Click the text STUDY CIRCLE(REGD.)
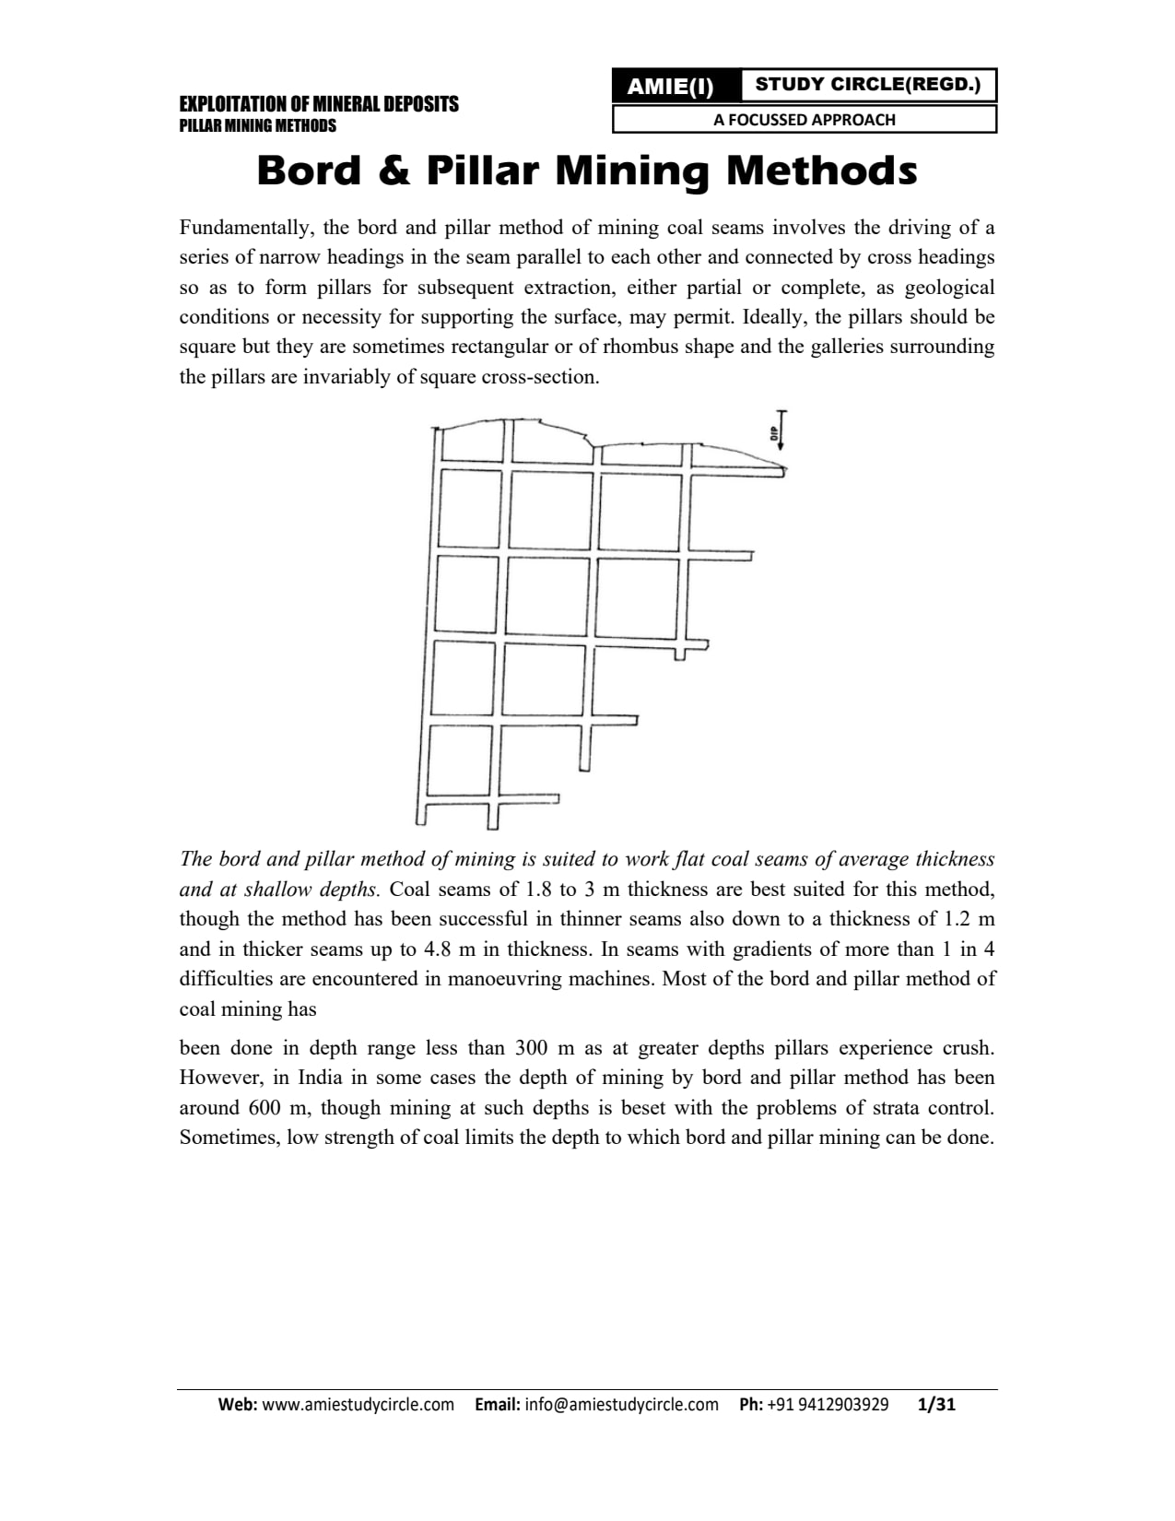point(867,85)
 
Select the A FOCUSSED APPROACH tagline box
point(804,119)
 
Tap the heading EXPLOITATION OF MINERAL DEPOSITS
point(318,104)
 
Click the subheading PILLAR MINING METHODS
point(257,126)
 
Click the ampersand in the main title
point(394,171)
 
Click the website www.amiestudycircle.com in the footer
point(358,1405)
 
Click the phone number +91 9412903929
point(827,1405)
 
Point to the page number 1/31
point(937,1405)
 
